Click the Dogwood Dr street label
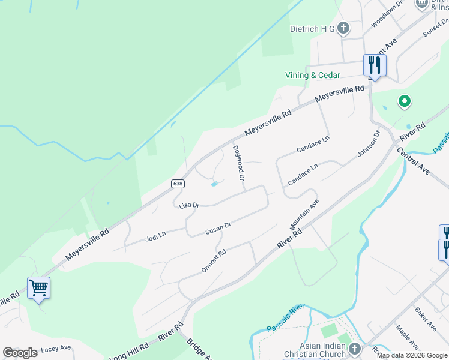[x=238, y=163]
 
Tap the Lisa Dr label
[x=188, y=205]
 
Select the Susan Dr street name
[x=218, y=229]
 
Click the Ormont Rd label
[x=213, y=261]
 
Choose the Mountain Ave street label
[x=304, y=215]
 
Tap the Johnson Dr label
[x=369, y=144]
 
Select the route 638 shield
[x=177, y=183]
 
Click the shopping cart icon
[x=38, y=287]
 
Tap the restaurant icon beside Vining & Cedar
[x=375, y=64]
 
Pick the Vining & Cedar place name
[x=312, y=75]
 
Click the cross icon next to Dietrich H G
[x=343, y=28]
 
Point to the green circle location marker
[x=405, y=101]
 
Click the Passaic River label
[x=287, y=318]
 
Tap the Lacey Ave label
[x=56, y=348]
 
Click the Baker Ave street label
[x=424, y=319]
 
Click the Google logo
[x=20, y=353]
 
